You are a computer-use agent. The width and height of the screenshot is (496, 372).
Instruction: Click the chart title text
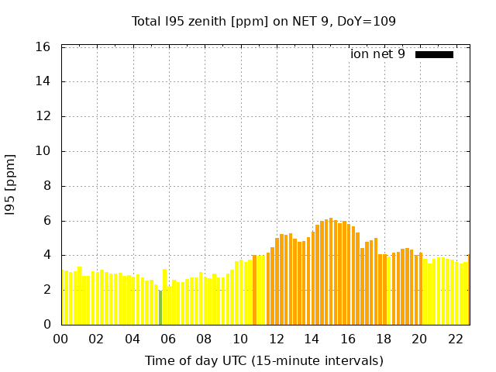pyautogui.click(x=263, y=21)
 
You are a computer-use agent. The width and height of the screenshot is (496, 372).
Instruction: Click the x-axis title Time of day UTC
pyautogui.click(x=263, y=360)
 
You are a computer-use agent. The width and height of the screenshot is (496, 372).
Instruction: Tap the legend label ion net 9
pyautogui.click(x=377, y=53)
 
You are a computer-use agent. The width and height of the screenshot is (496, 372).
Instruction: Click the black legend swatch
pyautogui.click(x=434, y=54)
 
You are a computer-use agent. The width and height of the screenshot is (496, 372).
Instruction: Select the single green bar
pyautogui.click(x=160, y=307)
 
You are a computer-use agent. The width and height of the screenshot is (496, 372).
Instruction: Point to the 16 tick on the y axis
pyautogui.click(x=44, y=47)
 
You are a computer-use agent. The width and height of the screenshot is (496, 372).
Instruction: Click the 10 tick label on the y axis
pyautogui.click(x=44, y=151)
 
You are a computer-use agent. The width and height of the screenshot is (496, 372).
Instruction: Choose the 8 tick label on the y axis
pyautogui.click(x=47, y=186)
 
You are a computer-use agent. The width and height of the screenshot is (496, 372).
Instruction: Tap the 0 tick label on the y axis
pyautogui.click(x=47, y=325)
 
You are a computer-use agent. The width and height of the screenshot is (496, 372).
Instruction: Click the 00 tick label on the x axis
pyautogui.click(x=61, y=339)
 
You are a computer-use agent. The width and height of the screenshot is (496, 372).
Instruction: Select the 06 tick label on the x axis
pyautogui.click(x=168, y=339)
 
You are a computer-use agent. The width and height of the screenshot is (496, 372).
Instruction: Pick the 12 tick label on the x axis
pyautogui.click(x=276, y=339)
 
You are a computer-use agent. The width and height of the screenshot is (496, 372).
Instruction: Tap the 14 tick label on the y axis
pyautogui.click(x=44, y=81)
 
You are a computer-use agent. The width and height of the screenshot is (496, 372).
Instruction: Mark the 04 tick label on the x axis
pyautogui.click(x=133, y=339)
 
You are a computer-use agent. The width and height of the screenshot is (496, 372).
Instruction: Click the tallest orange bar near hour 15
pyautogui.click(x=331, y=271)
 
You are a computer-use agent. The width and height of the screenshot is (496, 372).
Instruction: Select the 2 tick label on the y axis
pyautogui.click(x=47, y=290)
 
